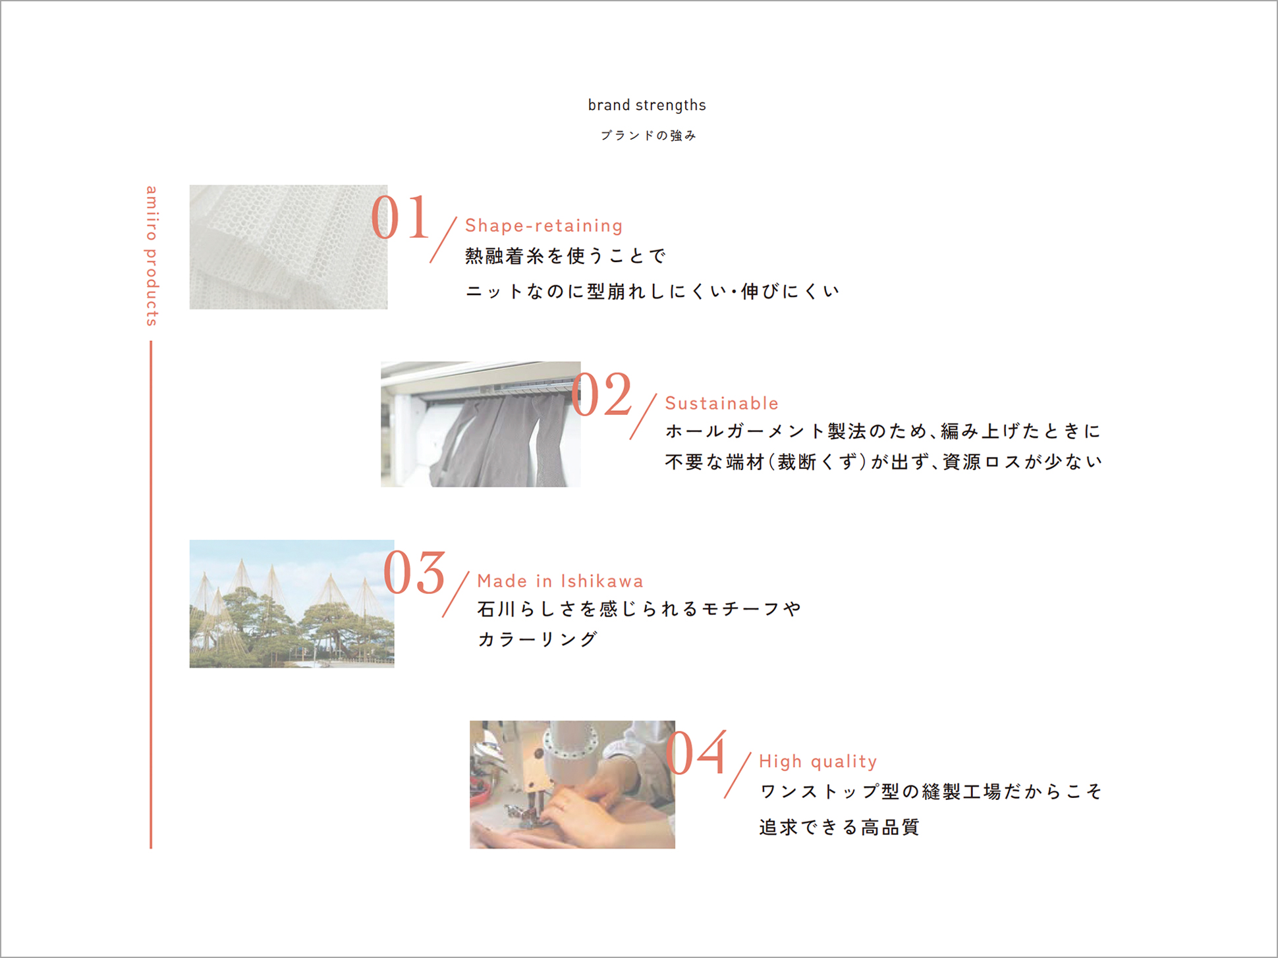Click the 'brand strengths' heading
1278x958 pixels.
tap(647, 105)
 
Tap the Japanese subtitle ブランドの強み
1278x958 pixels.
tap(648, 136)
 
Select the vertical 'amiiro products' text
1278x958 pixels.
tap(152, 255)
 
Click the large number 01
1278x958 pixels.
tap(400, 218)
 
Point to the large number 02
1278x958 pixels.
tap(601, 394)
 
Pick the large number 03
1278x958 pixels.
tap(414, 572)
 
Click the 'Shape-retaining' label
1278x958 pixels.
tap(543, 226)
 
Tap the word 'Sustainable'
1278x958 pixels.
tap(721, 403)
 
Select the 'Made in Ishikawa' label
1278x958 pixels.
tap(560, 581)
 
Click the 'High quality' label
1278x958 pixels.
tap(818, 762)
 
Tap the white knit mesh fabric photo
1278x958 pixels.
tap(289, 247)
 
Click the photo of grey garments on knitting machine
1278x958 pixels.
tap(481, 424)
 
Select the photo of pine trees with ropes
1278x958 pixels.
tap(292, 604)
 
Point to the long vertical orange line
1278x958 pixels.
tap(151, 595)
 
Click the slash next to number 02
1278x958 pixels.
tap(643, 417)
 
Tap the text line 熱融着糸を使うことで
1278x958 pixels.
tap(565, 255)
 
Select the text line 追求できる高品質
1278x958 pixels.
tap(839, 827)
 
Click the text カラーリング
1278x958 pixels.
tap(538, 639)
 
